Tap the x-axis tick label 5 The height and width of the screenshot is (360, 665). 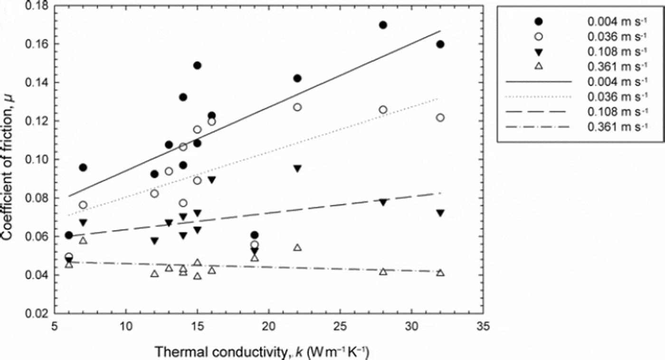coord(55,328)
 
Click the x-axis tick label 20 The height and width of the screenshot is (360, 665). coord(268,328)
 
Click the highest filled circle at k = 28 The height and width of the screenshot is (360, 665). coord(383,25)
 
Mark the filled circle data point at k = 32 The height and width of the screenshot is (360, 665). coord(440,44)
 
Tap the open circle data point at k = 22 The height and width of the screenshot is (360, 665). coord(297,107)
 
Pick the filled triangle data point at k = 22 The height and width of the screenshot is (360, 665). coord(297,169)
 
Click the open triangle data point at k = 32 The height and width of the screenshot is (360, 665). coord(440,273)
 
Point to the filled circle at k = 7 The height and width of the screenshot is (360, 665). coord(83,167)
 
